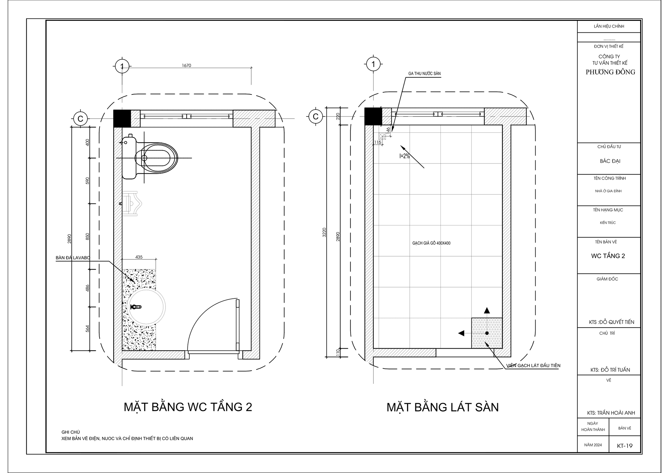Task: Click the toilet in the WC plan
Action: coord(153,159)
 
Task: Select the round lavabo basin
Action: coord(146,307)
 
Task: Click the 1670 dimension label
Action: coord(186,66)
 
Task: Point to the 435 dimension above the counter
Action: coord(139,257)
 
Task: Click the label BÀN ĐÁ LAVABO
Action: coord(73,258)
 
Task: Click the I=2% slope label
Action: coord(405,157)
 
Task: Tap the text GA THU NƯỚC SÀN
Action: coord(424,74)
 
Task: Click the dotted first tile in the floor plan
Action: coord(487,333)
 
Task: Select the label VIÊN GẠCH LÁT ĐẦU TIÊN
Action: coord(533,365)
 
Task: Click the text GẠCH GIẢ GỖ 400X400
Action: coord(431,243)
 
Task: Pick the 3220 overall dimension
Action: coord(324,232)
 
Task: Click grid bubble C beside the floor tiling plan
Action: coord(316,116)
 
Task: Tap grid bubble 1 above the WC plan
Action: coord(122,66)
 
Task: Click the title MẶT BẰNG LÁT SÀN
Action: coord(443,407)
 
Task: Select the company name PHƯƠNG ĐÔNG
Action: coord(610,72)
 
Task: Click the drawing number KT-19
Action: coord(624,446)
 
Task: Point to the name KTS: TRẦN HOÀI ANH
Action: coord(611,413)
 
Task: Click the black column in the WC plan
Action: coord(122,119)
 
